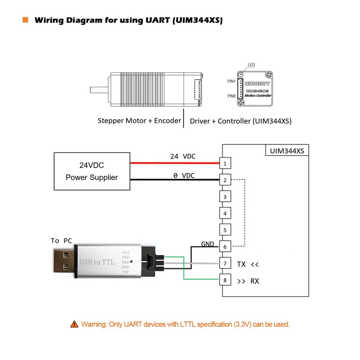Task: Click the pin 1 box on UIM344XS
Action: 225,162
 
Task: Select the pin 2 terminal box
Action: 225,180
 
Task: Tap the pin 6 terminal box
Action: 225,247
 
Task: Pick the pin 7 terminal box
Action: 225,263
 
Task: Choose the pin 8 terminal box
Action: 225,280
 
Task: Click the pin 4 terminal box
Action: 225,213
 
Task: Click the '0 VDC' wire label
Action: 184,175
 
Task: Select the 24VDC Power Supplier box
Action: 92,171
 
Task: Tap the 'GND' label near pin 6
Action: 207,244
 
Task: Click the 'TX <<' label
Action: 248,264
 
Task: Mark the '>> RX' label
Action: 248,281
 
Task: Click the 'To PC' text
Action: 61,241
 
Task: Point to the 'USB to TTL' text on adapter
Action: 97,262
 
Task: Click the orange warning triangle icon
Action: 74,324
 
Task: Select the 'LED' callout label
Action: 251,65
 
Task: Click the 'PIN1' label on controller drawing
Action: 232,81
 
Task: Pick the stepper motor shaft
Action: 99,89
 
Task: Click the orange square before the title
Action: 25,20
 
